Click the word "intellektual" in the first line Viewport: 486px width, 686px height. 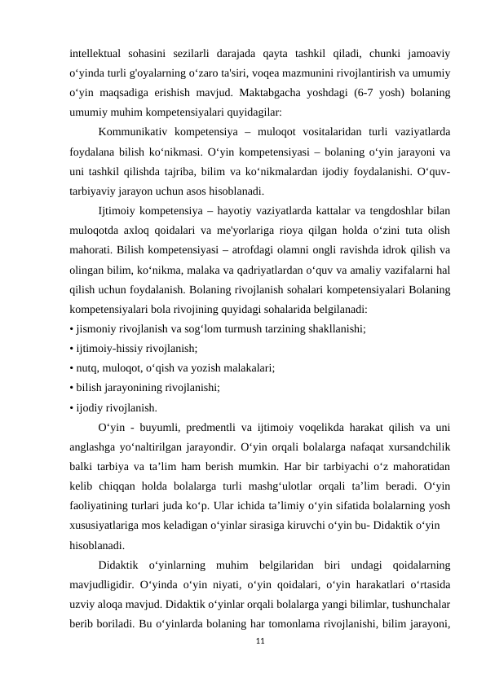96,55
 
